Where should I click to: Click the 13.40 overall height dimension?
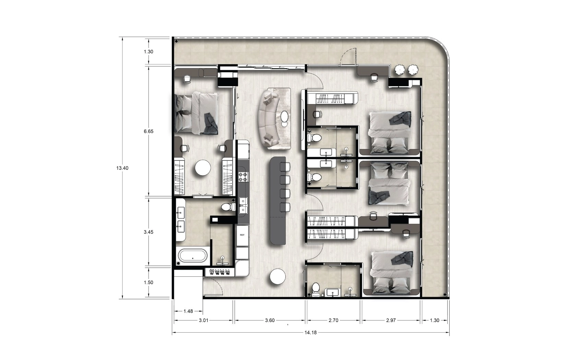[x=122, y=168]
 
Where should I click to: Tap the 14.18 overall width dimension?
[x=310, y=333]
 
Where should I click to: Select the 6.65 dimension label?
[x=149, y=131]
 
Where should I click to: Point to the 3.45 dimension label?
[x=149, y=232]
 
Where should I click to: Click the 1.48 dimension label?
[x=188, y=311]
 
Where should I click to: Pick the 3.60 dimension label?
[x=270, y=320]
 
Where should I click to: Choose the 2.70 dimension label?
[x=333, y=320]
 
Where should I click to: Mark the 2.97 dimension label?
[x=391, y=320]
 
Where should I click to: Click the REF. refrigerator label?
[x=242, y=235]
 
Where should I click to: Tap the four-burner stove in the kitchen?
[x=244, y=177]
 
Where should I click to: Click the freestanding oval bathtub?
[x=193, y=256]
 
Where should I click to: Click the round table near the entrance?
[x=278, y=276]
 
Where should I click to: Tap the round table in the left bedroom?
[x=203, y=168]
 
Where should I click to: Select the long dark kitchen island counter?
[x=278, y=201]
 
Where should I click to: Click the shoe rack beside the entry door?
[x=220, y=272]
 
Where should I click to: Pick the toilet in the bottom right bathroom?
[x=316, y=289]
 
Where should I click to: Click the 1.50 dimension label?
[x=149, y=283]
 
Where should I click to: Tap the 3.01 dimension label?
[x=203, y=320]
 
